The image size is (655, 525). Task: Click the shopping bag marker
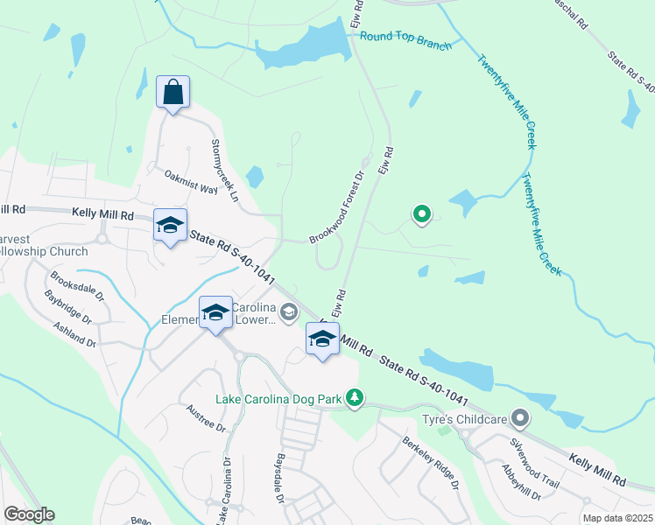click(x=173, y=92)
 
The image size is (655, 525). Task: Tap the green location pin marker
click(x=422, y=213)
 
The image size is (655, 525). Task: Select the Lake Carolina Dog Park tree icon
click(x=354, y=399)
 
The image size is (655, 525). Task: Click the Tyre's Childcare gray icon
click(x=521, y=419)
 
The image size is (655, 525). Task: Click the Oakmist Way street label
click(x=190, y=182)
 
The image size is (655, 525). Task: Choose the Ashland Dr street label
click(x=73, y=333)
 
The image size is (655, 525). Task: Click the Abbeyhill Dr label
click(x=523, y=482)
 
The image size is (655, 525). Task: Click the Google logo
click(x=29, y=514)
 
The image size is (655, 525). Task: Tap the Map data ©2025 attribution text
click(x=616, y=518)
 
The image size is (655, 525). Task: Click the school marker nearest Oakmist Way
click(x=170, y=225)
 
